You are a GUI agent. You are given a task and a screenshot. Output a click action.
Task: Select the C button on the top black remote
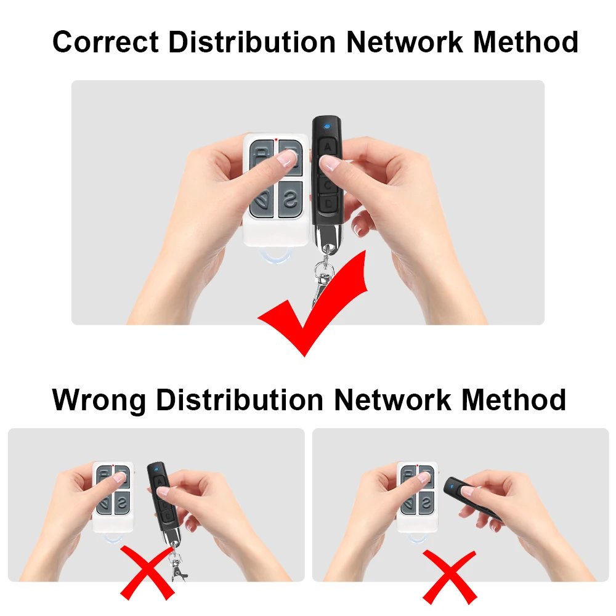pos(328,184)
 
